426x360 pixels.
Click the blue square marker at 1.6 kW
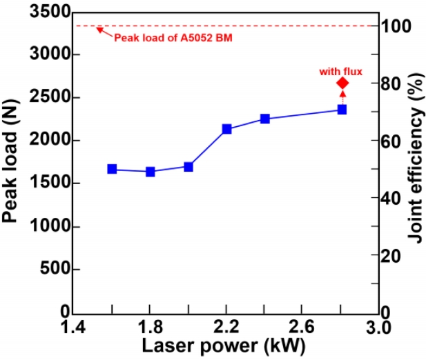point(112,169)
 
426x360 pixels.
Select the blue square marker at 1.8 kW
point(150,171)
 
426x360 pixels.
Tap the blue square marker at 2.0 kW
point(188,166)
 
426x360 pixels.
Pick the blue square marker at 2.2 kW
point(226,129)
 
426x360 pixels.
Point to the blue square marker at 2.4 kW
point(264,119)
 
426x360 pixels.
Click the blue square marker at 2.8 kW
point(342,110)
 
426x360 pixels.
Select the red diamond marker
point(342,83)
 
